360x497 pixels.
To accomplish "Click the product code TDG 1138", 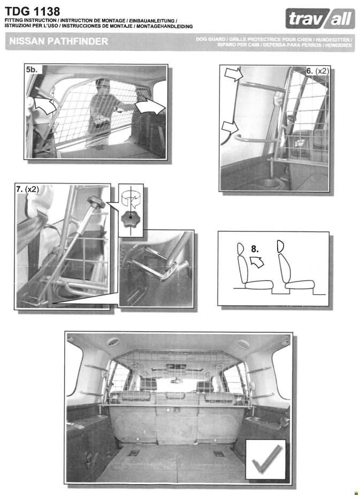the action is click(32, 11).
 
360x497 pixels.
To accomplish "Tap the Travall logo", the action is click(320, 19).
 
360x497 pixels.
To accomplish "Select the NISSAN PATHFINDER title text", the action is click(59, 41).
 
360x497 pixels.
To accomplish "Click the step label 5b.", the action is click(32, 70).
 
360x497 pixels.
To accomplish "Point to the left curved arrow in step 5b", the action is click(44, 105).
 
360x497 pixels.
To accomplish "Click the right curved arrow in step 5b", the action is click(150, 106).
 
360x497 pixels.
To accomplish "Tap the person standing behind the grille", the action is click(103, 112).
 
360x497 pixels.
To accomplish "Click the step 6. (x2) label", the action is click(318, 71).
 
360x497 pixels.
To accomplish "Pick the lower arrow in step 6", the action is click(231, 128).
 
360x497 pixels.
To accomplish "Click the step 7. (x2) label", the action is click(28, 189).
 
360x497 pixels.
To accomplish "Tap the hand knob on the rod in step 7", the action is click(96, 202).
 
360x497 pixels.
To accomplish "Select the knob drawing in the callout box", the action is click(130, 218).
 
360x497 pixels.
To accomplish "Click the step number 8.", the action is click(255, 249).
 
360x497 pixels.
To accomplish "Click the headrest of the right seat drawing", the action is click(280, 246).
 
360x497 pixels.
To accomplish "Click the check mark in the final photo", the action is click(266, 460).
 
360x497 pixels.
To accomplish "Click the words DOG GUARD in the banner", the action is click(210, 39).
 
